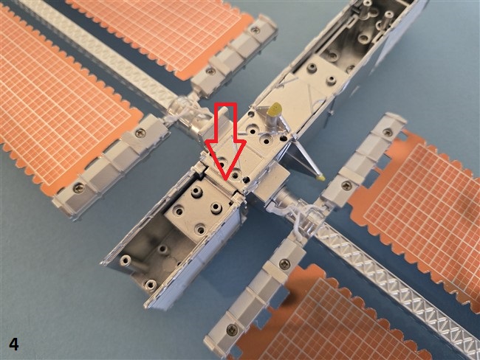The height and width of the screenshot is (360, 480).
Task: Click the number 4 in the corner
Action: tap(14, 344)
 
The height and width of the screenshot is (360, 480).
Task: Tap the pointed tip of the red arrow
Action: tap(225, 180)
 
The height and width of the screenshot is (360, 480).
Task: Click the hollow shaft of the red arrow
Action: tap(226, 122)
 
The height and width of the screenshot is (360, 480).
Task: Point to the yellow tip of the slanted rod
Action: tap(320, 177)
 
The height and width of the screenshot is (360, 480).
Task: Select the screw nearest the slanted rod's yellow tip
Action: tap(346, 185)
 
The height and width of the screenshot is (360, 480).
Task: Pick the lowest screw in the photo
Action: tap(233, 329)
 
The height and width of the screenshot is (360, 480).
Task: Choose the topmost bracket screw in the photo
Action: tap(255, 30)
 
